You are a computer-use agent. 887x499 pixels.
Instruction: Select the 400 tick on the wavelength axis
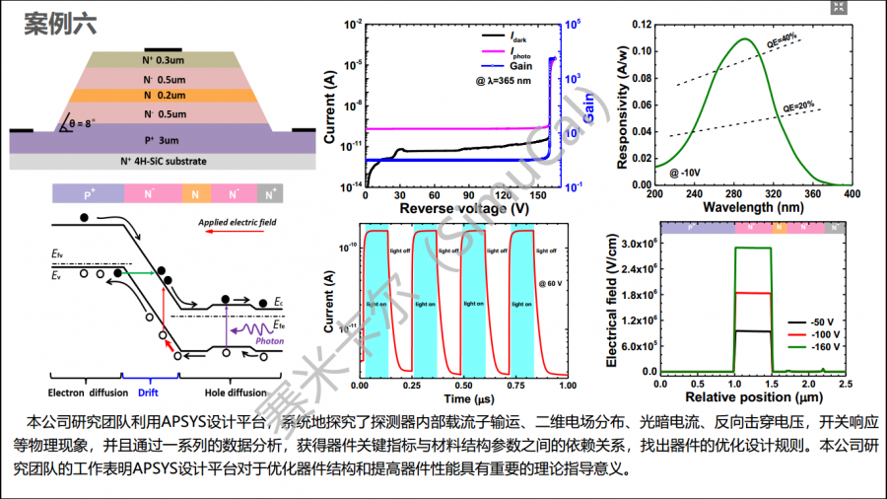[x=845, y=194]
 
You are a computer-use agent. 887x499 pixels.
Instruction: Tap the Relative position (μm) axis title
[x=751, y=396]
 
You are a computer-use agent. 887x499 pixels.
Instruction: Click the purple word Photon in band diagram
[x=269, y=340]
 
